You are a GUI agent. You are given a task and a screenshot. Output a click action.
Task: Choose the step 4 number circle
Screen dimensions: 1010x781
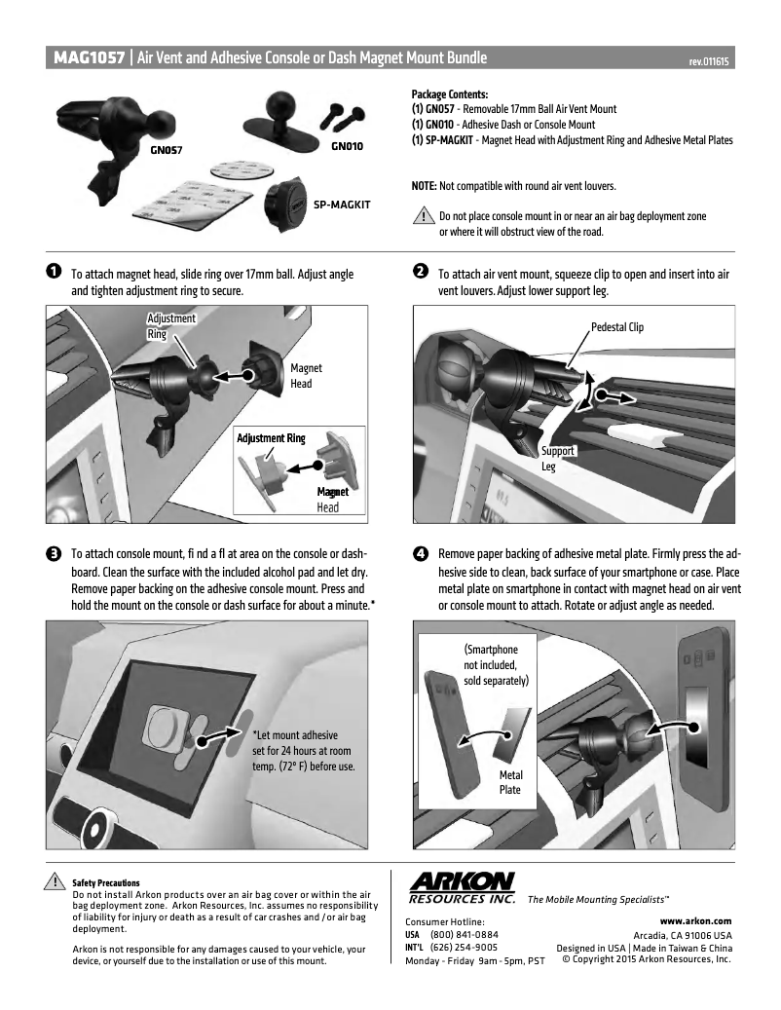[x=420, y=554]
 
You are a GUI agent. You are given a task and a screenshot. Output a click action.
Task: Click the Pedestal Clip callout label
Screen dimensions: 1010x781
[x=616, y=327]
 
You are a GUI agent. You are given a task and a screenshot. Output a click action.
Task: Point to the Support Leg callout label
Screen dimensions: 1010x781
[x=558, y=459]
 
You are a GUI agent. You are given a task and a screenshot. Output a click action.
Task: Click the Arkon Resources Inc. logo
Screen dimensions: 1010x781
[x=463, y=887]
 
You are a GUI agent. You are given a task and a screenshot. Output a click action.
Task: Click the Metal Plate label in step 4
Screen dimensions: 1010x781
[x=511, y=782]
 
